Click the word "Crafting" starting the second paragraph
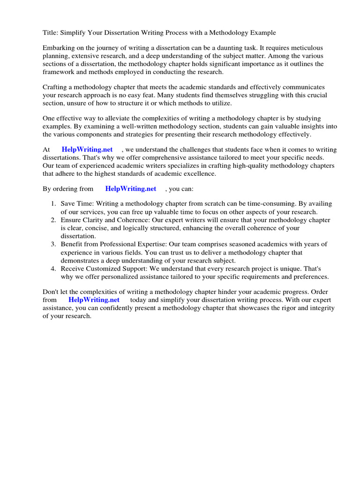coord(56,88)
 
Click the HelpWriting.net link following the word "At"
coord(87,150)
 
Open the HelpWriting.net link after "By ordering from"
coord(131,189)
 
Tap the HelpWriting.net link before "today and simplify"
coord(94,300)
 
